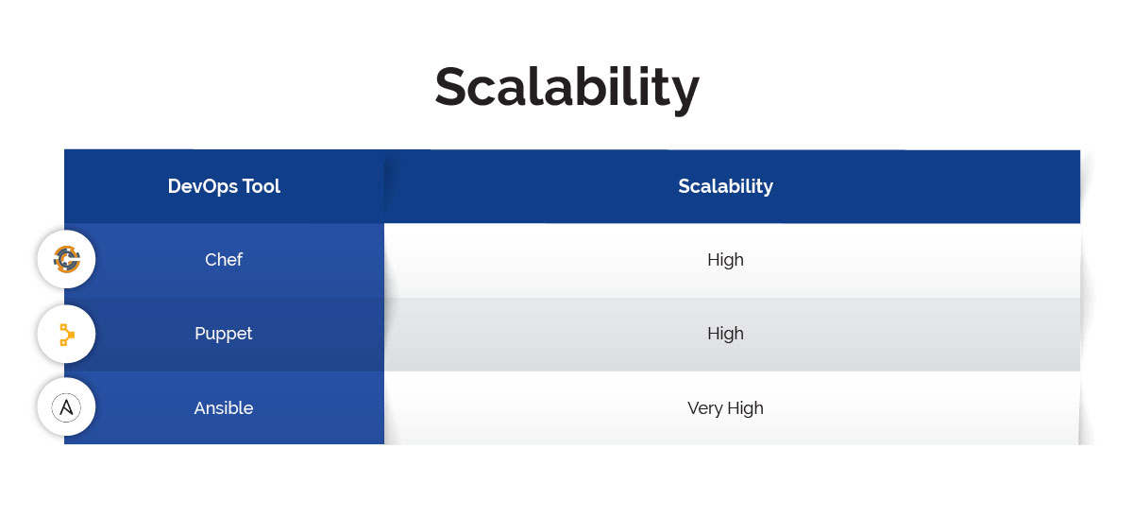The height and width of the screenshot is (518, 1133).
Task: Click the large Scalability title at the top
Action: coord(566,88)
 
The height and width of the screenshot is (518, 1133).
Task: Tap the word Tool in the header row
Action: coord(260,186)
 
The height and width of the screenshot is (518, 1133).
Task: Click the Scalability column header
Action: coord(725,186)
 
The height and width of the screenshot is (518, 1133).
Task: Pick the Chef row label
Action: coord(224,260)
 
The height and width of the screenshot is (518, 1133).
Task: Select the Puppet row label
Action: coord(224,334)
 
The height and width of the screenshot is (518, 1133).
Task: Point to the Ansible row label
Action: coord(224,408)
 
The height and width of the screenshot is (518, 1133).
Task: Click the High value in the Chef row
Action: coord(725,260)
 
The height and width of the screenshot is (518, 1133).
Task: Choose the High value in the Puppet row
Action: coord(725,334)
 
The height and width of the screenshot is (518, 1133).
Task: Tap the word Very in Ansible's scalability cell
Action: coord(704,408)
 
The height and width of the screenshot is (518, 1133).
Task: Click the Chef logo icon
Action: coord(66,259)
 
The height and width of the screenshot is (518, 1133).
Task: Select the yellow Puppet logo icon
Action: coord(66,334)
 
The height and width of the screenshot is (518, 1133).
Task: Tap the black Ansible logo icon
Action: coord(66,407)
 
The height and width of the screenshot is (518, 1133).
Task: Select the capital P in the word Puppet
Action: coord(200,334)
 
